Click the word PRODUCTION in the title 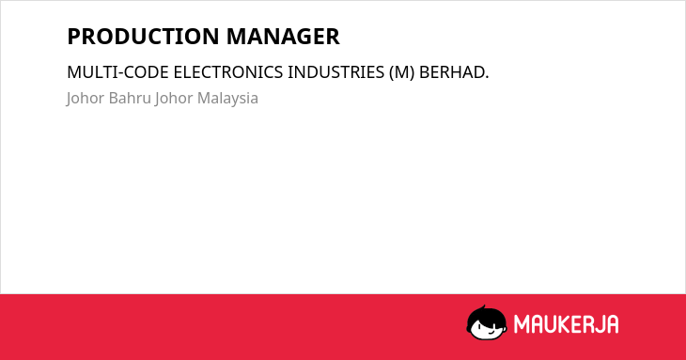[144, 37]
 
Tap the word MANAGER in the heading [283, 37]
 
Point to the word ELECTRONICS [228, 72]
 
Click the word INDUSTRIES [335, 72]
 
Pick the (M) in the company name [401, 72]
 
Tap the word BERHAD [454, 72]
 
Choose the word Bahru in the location [130, 98]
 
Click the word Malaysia [227, 99]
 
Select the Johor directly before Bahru [86, 99]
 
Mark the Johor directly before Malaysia [174, 99]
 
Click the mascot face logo [487, 322]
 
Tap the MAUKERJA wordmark [566, 324]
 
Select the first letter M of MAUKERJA [521, 324]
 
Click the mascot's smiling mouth [491, 333]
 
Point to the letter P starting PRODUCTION [74, 37]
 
